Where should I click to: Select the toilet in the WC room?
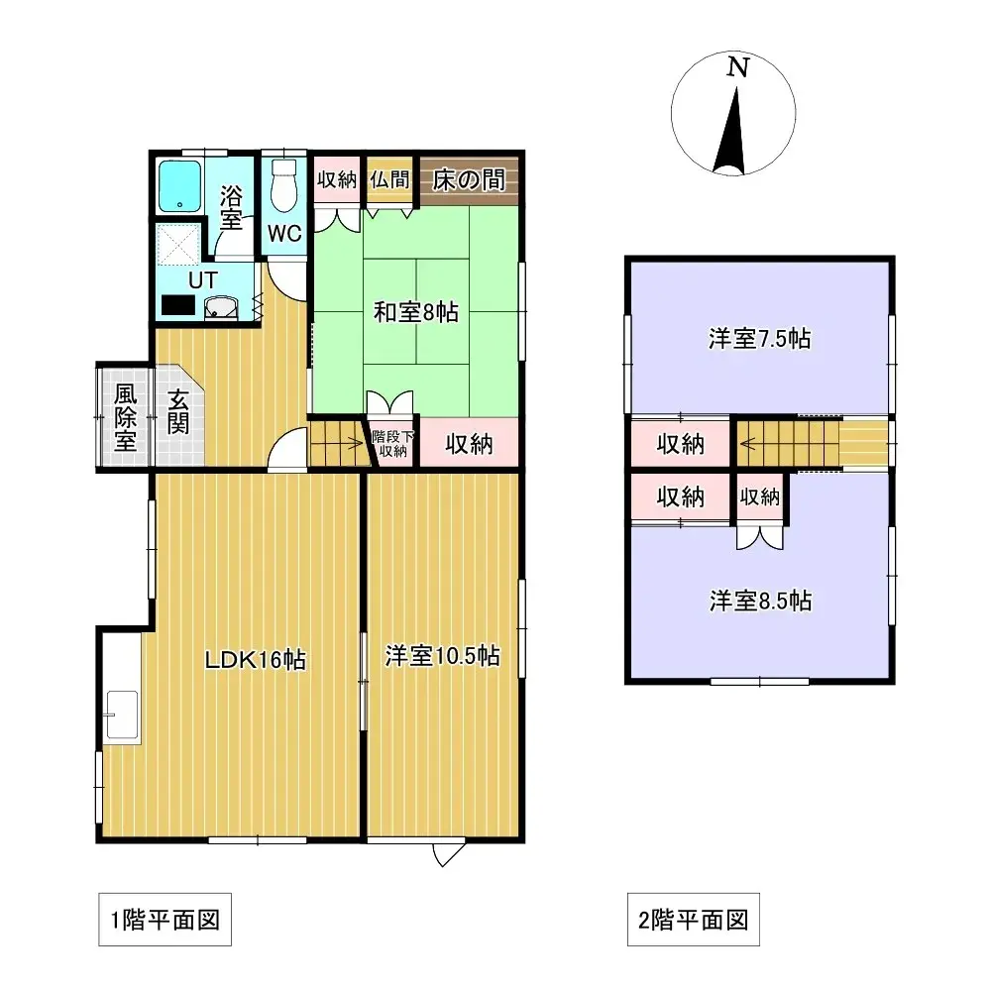[284, 187]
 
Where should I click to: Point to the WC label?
[285, 235]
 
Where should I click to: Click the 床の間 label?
[468, 179]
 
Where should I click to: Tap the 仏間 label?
[389, 179]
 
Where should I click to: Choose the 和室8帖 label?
[415, 312]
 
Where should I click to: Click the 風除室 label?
[124, 417]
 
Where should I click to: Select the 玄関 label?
[178, 413]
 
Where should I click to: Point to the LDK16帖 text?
[255, 659]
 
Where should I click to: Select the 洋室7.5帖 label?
[759, 339]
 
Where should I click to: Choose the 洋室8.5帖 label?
[760, 601]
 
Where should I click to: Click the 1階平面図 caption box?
[165, 921]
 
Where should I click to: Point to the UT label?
[202, 280]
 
